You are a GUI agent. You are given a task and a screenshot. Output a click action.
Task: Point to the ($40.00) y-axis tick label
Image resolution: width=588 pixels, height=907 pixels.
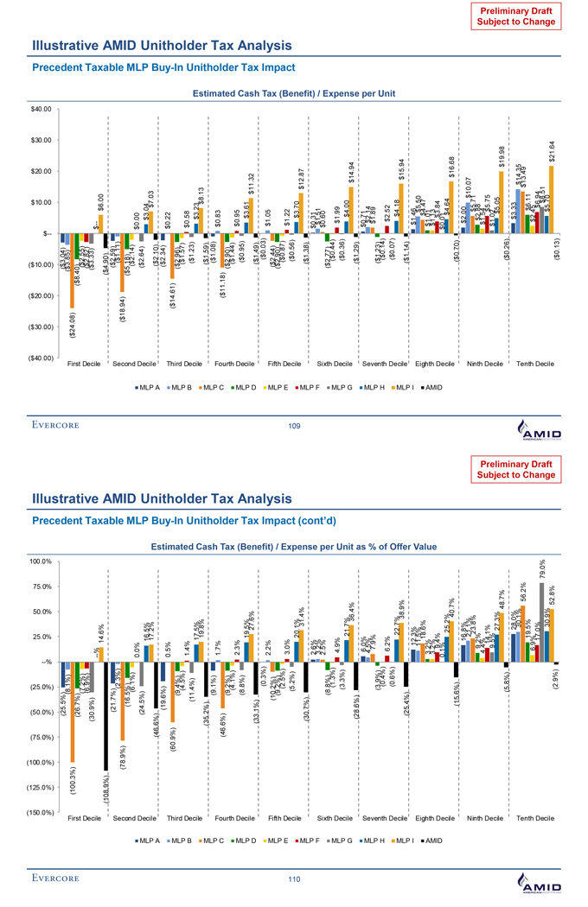click(41, 358)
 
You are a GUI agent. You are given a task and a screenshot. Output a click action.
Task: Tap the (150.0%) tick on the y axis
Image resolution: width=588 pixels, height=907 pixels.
click(41, 812)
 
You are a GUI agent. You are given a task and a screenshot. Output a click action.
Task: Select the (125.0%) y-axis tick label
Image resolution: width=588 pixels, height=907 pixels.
click(41, 787)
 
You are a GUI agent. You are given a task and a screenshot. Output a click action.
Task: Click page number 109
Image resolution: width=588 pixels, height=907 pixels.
click(293, 425)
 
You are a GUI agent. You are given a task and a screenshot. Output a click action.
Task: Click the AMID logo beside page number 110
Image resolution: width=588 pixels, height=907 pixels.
click(537, 881)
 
